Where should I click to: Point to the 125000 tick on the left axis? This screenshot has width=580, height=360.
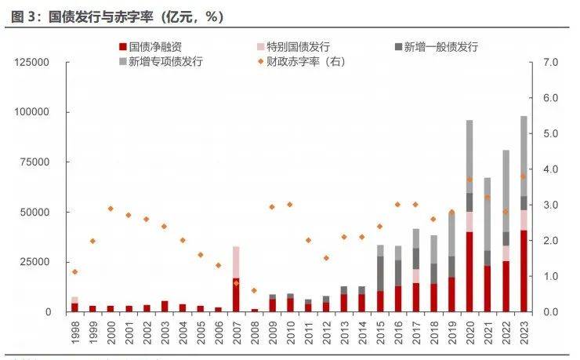pyautogui.click(x=31, y=62)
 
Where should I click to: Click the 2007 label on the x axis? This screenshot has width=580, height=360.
pyautogui.click(x=236, y=333)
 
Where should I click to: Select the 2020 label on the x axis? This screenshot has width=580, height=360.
pyautogui.click(x=469, y=333)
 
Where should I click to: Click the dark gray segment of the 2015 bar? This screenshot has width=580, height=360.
pyautogui.click(x=380, y=274)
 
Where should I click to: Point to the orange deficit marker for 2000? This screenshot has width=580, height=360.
pyautogui.click(x=111, y=209)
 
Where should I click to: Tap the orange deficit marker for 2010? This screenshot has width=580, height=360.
pyautogui.click(x=290, y=204)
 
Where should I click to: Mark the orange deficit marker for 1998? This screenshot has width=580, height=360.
pyautogui.click(x=74, y=271)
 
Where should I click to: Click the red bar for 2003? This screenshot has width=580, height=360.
pyautogui.click(x=164, y=307)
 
